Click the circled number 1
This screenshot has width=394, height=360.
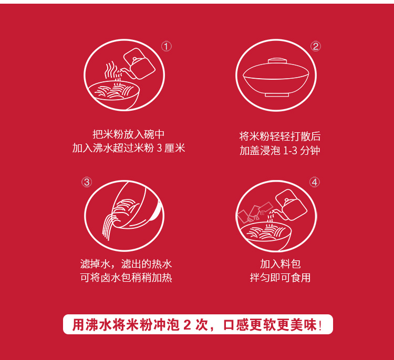[x=167, y=47]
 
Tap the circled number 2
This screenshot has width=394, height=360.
[x=316, y=46]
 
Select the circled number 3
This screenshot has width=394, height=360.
[x=87, y=182]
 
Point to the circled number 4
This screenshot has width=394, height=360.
[x=315, y=182]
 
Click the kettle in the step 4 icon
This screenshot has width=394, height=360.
[x=291, y=205]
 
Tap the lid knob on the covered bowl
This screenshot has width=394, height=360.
[x=277, y=61]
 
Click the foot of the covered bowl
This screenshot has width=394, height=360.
[x=277, y=94]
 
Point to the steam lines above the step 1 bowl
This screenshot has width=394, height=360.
[x=111, y=70]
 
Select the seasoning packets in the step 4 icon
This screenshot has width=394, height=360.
[x=255, y=213]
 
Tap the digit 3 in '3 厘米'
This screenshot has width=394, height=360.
[x=159, y=148]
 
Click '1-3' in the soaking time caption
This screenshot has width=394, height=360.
[x=290, y=151]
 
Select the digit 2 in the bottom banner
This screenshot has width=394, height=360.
[x=187, y=325]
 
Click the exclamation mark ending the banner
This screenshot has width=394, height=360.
[x=320, y=325]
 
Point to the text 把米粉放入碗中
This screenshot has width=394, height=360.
[x=128, y=134]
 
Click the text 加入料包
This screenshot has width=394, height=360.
[x=280, y=264]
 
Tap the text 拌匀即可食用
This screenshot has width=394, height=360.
[x=280, y=278]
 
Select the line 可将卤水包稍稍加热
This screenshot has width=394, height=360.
[x=126, y=278]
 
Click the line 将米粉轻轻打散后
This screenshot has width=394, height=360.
[x=280, y=136]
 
